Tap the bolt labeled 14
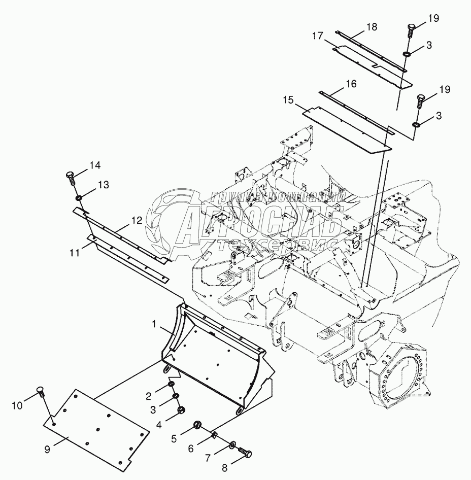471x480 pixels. click(x=71, y=179)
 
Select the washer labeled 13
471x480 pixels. click(x=80, y=197)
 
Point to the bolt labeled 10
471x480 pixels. click(x=40, y=391)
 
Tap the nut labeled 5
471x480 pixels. click(x=197, y=425)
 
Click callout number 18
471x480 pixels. click(x=372, y=27)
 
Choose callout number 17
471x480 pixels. click(x=318, y=37)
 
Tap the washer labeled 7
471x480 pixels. click(x=231, y=445)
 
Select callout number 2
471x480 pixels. click(x=148, y=396)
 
